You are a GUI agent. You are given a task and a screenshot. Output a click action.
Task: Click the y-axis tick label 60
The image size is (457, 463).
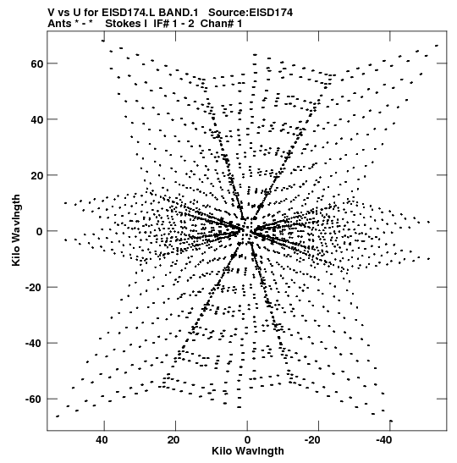point(36,63)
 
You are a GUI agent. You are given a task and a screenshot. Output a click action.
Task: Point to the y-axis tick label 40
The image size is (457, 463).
point(36,119)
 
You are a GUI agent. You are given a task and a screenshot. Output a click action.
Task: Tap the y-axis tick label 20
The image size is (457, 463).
point(36,175)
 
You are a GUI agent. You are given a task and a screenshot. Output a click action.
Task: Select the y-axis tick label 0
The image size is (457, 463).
point(40,232)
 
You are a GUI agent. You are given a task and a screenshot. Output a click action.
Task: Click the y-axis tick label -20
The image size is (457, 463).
point(34,287)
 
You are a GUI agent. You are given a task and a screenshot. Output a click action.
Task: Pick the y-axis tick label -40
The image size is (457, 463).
point(34,343)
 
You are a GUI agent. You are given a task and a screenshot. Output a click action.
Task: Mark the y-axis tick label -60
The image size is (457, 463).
point(34,400)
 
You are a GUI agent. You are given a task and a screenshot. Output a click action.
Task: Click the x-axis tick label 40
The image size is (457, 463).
point(102,440)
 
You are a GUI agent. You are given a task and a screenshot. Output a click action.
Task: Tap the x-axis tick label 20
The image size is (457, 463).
point(173,440)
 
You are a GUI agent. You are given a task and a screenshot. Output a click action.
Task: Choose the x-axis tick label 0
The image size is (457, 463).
point(247,440)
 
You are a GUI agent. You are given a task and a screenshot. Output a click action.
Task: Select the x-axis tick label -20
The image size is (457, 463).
point(312,440)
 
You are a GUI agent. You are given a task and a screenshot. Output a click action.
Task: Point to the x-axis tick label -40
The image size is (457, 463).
point(383,440)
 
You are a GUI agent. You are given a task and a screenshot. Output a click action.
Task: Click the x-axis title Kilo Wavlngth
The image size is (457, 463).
point(248,451)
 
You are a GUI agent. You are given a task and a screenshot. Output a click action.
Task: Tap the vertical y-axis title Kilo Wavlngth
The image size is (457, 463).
point(16,230)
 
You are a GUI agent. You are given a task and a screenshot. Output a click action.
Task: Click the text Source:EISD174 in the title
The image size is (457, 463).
point(251,13)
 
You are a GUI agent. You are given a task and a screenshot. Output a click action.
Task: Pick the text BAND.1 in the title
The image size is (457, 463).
point(179,13)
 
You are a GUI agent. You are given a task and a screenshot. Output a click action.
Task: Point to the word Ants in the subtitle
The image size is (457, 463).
point(59,24)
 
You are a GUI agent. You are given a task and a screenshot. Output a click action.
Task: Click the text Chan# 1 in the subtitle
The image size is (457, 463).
point(221,24)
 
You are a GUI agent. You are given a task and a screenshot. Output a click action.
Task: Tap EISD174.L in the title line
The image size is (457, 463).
point(129,13)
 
